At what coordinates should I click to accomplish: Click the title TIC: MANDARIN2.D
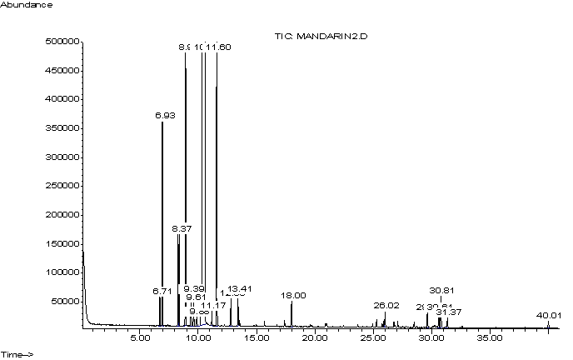tap(321, 37)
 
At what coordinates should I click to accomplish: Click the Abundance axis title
tap(27, 5)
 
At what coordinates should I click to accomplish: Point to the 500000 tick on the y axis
tap(62, 42)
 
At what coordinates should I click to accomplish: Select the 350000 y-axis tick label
tap(62, 128)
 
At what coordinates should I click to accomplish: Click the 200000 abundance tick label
tap(62, 215)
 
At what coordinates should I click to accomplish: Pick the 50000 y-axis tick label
tap(65, 302)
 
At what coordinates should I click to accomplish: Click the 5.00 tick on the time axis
tap(140, 338)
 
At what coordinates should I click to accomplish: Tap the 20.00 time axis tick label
tap(314, 338)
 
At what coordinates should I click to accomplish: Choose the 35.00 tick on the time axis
tap(489, 338)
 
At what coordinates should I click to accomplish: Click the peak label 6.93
tap(163, 116)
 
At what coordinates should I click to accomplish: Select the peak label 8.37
tap(179, 228)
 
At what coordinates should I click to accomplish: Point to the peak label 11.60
tap(219, 47)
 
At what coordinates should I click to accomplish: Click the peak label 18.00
tap(293, 296)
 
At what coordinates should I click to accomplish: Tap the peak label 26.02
tap(386, 306)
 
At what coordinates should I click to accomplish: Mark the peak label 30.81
tap(441, 291)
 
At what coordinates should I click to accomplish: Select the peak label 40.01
tap(549, 316)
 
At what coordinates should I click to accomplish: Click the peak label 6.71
tap(161, 292)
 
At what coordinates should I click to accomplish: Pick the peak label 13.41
tap(239, 289)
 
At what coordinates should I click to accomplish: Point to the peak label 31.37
tap(449, 312)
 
